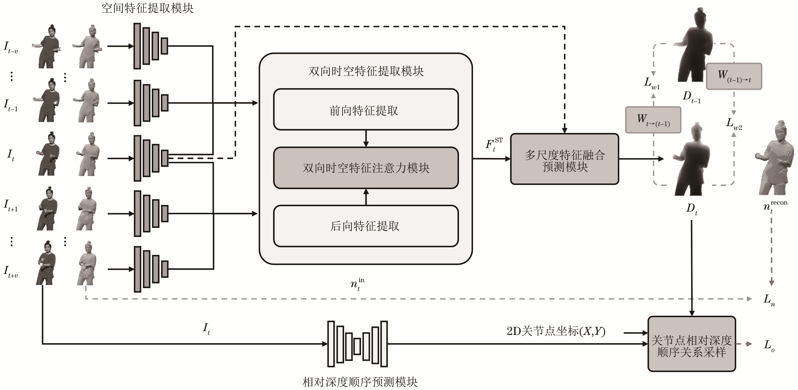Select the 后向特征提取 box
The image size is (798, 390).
(x=366, y=226)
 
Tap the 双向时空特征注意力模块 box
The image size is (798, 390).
(x=366, y=168)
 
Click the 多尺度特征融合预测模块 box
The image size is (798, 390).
(x=565, y=159)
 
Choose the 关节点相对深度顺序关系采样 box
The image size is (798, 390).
(x=691, y=344)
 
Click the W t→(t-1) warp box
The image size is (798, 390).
(x=653, y=120)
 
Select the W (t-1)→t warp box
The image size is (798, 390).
(x=734, y=76)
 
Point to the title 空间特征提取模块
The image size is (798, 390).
(x=147, y=8)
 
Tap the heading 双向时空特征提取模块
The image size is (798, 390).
(x=366, y=71)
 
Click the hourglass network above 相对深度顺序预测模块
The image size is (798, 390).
(x=357, y=344)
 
